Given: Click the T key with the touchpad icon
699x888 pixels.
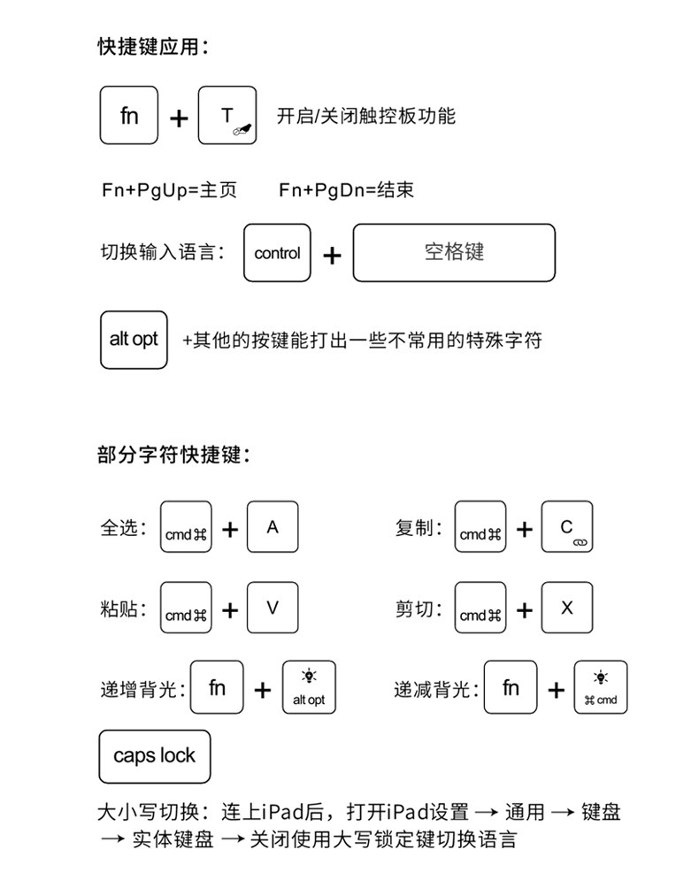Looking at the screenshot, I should tap(227, 115).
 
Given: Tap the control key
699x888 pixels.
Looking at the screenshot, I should tap(277, 254).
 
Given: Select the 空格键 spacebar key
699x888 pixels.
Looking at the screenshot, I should tap(454, 253).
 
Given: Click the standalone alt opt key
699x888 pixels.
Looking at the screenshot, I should tap(134, 339).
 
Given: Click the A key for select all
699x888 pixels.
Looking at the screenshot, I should tap(273, 527).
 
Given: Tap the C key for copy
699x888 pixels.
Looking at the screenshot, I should tap(567, 527).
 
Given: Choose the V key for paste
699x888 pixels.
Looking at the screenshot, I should tap(273, 608).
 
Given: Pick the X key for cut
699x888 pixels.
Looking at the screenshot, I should tap(567, 608).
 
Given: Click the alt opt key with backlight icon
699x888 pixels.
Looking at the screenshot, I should tap(309, 687).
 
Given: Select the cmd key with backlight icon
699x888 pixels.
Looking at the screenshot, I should tap(601, 687).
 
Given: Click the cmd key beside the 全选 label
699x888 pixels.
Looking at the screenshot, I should tap(186, 528).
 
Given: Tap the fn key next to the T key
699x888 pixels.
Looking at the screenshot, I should tap(129, 115).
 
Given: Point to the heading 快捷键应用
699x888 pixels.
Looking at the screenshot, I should tap(152, 47).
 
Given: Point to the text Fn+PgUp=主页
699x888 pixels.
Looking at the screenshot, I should tap(169, 190).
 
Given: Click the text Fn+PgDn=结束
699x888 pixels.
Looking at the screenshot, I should tap(346, 190).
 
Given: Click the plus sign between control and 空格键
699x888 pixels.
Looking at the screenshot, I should tap(332, 256).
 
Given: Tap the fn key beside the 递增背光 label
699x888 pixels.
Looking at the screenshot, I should tap(218, 687).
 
